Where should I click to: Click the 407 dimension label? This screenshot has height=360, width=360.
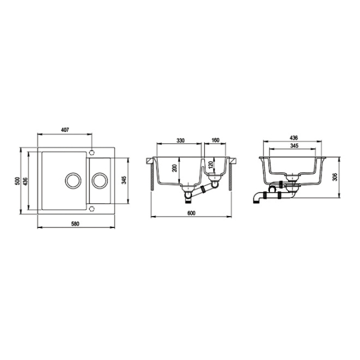[x=65, y=130]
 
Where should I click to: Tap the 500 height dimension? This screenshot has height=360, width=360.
[x=17, y=181]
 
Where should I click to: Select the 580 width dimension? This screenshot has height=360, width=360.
[x=75, y=224]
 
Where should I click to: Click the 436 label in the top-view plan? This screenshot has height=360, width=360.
[x=25, y=181]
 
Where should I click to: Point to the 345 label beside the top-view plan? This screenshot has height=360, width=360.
[x=124, y=180]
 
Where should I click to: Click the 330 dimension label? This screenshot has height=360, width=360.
[x=181, y=140]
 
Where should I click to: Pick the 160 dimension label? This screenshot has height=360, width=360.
[x=215, y=140]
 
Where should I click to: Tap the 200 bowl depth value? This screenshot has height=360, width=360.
[x=175, y=168]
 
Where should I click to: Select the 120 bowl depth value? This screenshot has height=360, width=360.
[x=211, y=164]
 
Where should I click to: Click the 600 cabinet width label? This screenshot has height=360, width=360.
[x=191, y=213]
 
